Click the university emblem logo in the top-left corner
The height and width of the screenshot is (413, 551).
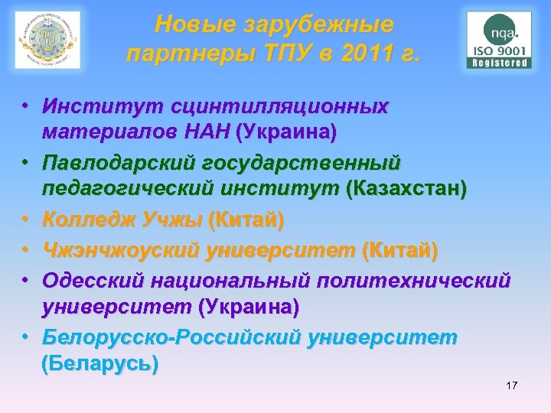click(x=47, y=40)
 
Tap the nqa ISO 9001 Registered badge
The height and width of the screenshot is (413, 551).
click(x=499, y=41)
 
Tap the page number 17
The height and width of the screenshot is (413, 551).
click(x=511, y=385)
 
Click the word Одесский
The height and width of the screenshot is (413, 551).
click(x=93, y=280)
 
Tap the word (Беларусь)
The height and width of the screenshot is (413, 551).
click(x=100, y=363)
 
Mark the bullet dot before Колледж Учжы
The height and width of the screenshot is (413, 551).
click(x=26, y=221)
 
